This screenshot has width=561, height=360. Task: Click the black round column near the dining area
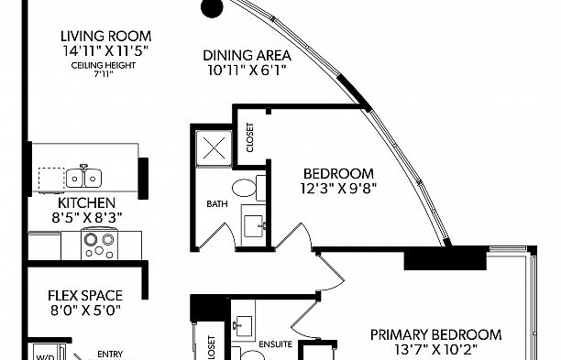[212, 8]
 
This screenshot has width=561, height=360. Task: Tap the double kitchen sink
[90, 175]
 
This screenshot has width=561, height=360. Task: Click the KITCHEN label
[86, 202]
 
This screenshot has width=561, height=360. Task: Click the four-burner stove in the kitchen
[97, 244]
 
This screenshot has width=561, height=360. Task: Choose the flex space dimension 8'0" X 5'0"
[85, 310]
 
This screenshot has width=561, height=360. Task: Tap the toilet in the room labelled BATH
[244, 190]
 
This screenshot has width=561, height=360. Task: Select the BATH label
[216, 203]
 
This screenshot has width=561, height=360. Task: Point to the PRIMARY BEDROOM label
[435, 334]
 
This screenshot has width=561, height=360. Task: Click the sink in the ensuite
[244, 324]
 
